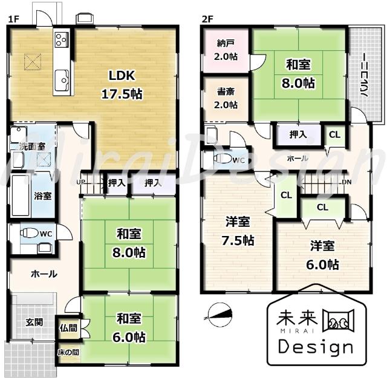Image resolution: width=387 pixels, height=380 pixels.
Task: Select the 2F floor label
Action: coord(207,19)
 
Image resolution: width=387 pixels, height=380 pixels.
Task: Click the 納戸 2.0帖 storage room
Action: coord(227,50)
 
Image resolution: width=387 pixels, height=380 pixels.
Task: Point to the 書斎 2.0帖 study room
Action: coord(227,98)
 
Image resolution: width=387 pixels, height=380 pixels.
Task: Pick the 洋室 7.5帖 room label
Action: coord(236,230)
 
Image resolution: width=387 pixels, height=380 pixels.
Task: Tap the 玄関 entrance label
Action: coord(33,322)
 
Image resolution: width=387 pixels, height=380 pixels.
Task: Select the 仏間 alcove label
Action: coord(68,329)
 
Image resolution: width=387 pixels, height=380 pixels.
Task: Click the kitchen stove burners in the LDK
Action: coord(62,41)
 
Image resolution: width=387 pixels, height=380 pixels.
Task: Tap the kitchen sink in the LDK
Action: coord(61,77)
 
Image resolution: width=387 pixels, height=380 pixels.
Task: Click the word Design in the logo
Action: coord(314,347)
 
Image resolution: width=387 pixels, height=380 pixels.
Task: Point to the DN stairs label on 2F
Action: coord(346,182)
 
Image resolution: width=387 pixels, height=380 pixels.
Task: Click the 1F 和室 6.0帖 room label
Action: coord(131,327)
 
